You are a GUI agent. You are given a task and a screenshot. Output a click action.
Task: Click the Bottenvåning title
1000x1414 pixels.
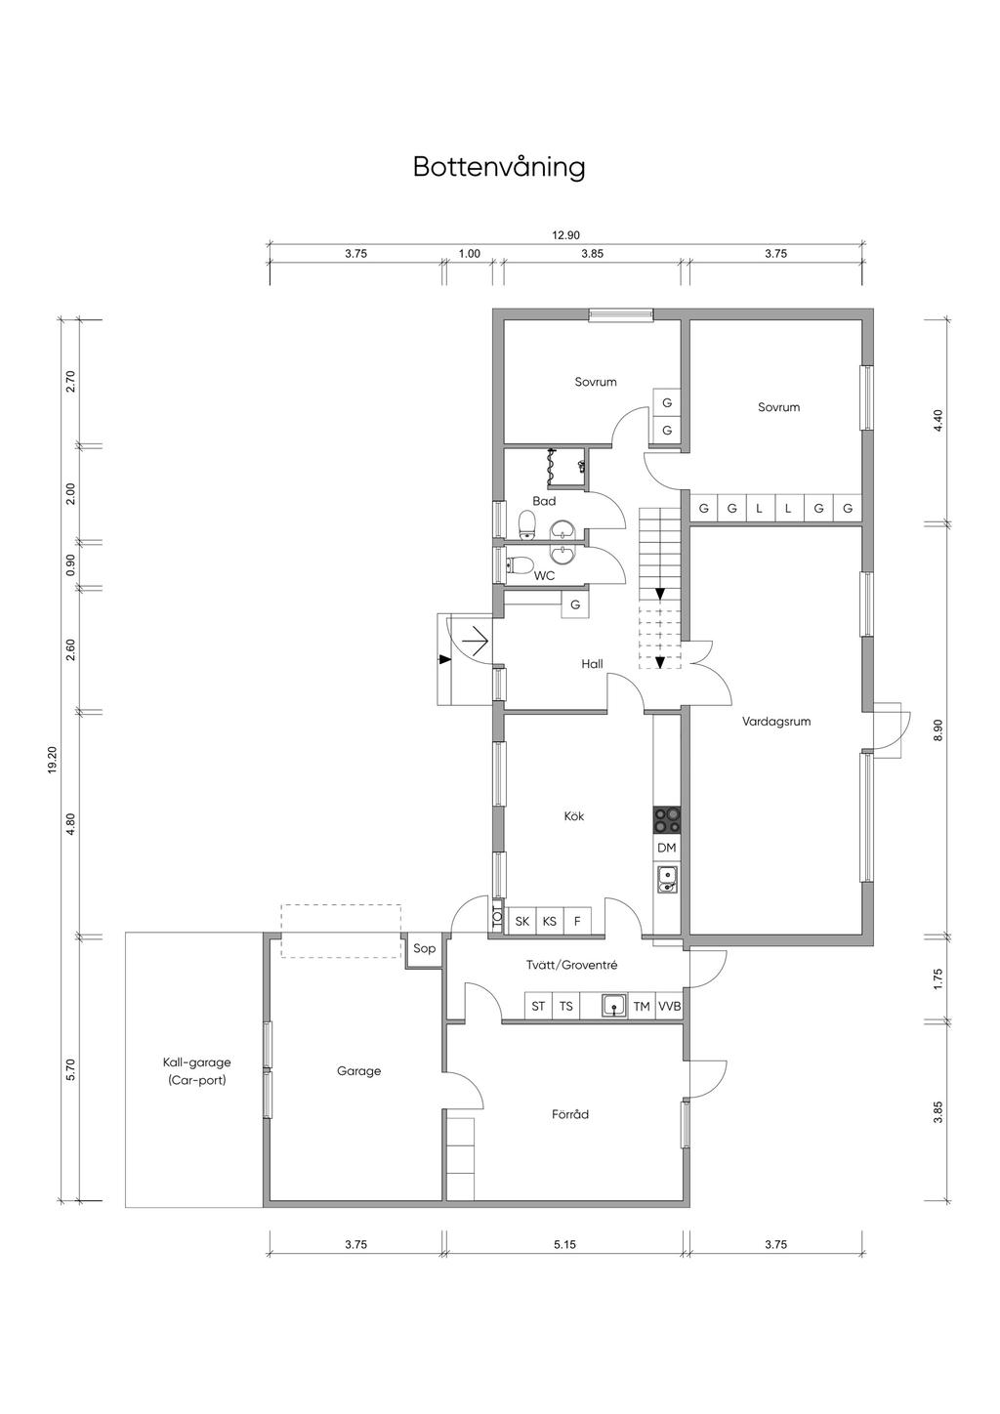[x=499, y=167]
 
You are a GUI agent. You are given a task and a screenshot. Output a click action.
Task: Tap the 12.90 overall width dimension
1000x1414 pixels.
[x=565, y=235]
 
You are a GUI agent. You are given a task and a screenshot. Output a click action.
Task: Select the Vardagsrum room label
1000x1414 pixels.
[x=776, y=721]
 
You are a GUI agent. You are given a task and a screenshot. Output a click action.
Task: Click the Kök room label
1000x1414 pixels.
[x=574, y=816]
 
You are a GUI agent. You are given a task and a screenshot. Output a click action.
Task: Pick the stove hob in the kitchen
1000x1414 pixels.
[x=667, y=820]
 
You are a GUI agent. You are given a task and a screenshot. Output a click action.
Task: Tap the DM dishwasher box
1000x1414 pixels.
[x=667, y=848]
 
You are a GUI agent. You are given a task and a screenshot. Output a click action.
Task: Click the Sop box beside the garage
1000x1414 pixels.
[x=424, y=949]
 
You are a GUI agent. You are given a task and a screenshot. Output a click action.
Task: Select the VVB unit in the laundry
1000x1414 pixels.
[x=669, y=1006]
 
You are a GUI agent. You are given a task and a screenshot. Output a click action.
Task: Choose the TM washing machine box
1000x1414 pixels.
[x=642, y=1006]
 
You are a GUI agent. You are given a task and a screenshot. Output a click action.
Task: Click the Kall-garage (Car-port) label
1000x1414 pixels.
[x=197, y=1071]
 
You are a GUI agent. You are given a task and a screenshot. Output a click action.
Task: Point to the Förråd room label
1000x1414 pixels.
[x=570, y=1114]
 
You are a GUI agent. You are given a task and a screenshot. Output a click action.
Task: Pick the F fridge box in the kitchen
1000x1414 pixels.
[x=577, y=921]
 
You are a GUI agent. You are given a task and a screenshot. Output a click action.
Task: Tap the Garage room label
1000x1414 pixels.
[x=358, y=1071]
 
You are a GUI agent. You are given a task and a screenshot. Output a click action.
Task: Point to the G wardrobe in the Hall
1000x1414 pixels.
[x=575, y=604]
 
